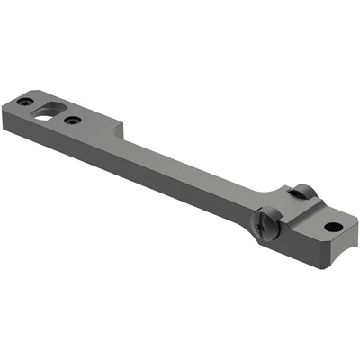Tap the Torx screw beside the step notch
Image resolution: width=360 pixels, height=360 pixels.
click(x=74, y=120)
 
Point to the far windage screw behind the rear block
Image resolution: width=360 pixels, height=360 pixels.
click(x=301, y=191)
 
